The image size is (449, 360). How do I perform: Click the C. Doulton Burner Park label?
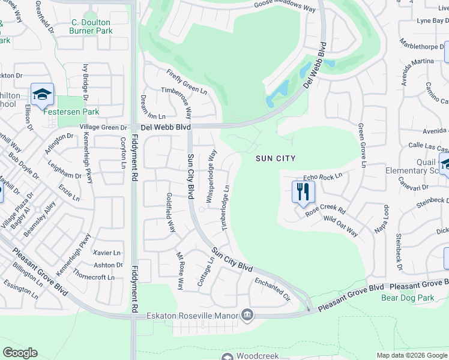click(x=91, y=26)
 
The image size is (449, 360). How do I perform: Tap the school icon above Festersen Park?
click(x=42, y=95)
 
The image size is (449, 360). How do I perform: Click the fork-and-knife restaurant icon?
click(x=303, y=192)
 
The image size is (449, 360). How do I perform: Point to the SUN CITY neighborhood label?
click(x=276, y=158)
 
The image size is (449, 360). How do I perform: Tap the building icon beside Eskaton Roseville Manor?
click(x=247, y=315)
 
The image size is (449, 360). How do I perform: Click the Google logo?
click(x=20, y=353)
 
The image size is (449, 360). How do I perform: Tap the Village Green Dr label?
click(x=104, y=128)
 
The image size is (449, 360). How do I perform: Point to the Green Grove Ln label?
click(x=362, y=145)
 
